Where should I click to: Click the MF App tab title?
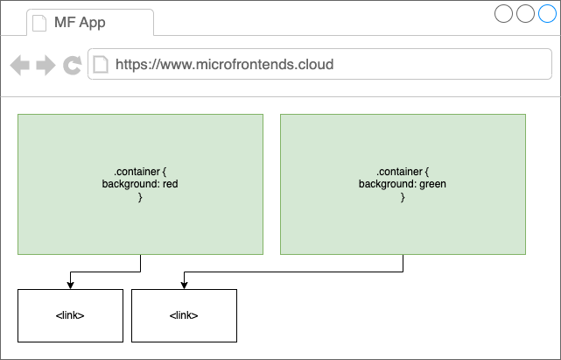pyautogui.click(x=80, y=22)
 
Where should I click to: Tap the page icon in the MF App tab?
pyautogui.click(x=39, y=23)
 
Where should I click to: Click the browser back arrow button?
pyautogui.click(x=19, y=65)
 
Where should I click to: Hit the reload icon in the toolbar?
pyautogui.click(x=73, y=65)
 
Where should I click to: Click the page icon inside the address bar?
pyautogui.click(x=101, y=65)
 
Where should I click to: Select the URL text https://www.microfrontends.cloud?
pyautogui.click(x=224, y=65)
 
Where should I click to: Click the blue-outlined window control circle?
pyautogui.click(x=547, y=14)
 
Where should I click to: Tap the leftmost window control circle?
pyautogui.click(x=504, y=14)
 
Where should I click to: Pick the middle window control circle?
pyautogui.click(x=526, y=14)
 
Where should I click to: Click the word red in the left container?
pyautogui.click(x=171, y=184)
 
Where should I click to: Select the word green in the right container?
pyautogui.click(x=432, y=184)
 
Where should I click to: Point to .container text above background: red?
pyautogui.click(x=137, y=172)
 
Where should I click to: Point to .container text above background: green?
pyautogui.click(x=399, y=172)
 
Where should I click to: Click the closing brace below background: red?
pyautogui.click(x=140, y=197)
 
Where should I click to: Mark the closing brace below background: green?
pyautogui.click(x=403, y=197)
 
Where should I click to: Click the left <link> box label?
pyautogui.click(x=70, y=315)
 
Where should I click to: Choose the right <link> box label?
pyautogui.click(x=184, y=315)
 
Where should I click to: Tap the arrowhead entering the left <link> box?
pyautogui.click(x=71, y=286)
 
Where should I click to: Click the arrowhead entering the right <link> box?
pyautogui.click(x=185, y=286)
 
